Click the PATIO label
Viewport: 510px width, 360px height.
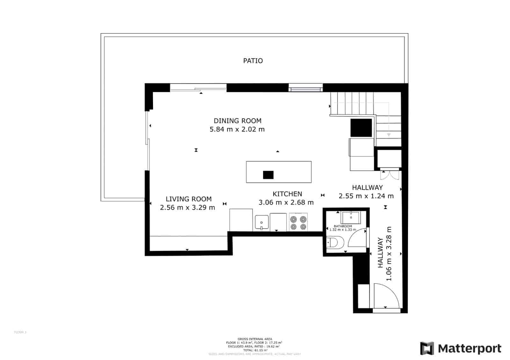[x=253, y=61]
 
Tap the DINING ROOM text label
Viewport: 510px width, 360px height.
[x=237, y=121]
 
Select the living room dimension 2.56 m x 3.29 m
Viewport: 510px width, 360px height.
[x=187, y=208]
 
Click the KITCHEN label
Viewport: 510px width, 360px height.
[x=287, y=194]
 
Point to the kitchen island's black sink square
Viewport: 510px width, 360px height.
[x=268, y=175]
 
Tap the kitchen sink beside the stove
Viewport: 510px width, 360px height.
[x=262, y=222]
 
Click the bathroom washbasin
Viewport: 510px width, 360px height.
[x=351, y=217]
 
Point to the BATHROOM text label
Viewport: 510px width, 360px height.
[x=343, y=226]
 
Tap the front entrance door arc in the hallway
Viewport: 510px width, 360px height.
[x=387, y=295]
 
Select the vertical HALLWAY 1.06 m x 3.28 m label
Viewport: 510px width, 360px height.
[x=384, y=254]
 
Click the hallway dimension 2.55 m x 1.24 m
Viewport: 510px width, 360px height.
[x=366, y=196]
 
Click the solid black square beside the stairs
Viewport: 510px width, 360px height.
[x=361, y=128]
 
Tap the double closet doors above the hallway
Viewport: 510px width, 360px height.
[x=389, y=175]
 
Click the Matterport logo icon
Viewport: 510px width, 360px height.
[x=427, y=348]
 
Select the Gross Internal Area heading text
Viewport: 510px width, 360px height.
[x=255, y=339]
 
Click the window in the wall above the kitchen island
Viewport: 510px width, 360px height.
[x=305, y=88]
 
